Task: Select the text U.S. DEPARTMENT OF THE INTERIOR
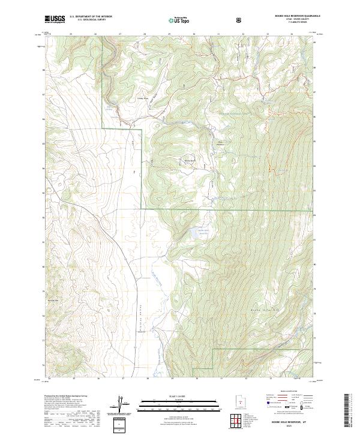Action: (x=91, y=17)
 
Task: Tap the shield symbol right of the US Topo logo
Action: (x=240, y=19)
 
